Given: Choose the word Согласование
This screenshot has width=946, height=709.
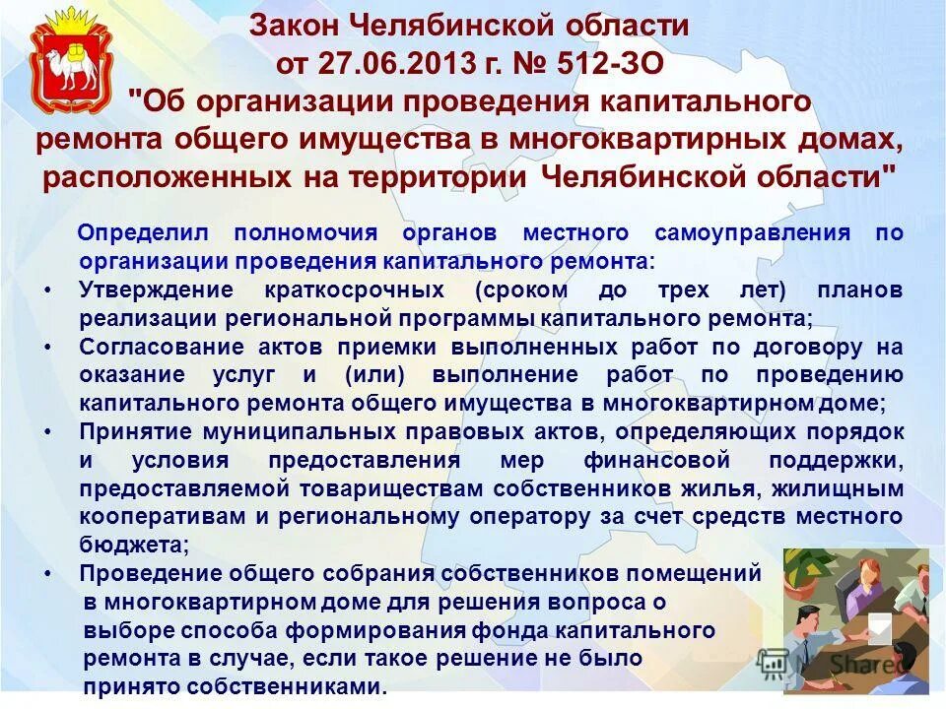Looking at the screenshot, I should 157,348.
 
